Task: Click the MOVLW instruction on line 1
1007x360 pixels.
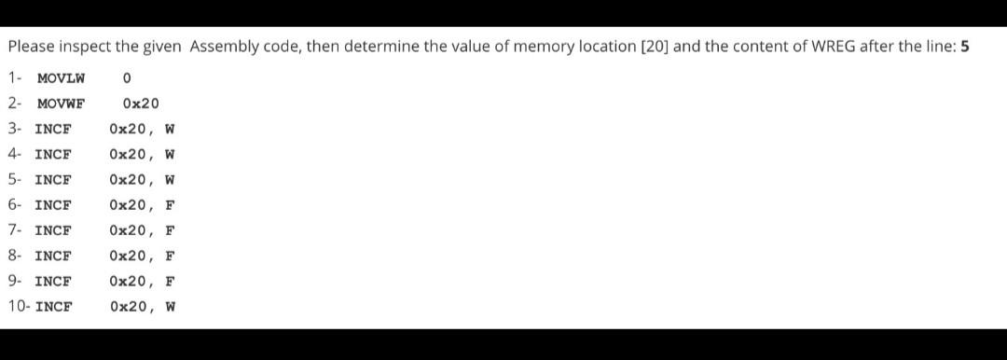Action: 61,77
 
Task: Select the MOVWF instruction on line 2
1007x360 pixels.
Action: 61,104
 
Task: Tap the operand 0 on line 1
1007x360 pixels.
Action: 126,77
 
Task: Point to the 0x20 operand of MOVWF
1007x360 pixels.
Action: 140,104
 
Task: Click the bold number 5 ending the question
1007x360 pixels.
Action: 964,47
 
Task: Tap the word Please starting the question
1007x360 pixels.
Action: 30,47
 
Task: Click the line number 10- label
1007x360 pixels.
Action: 20,306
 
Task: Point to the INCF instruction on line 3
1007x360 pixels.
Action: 52,129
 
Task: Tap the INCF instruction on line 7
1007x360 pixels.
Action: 52,230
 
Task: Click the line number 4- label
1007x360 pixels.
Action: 15,154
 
